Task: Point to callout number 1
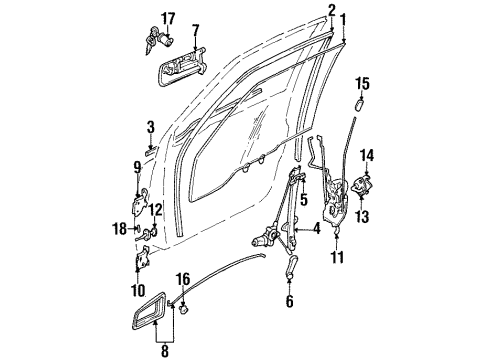345,19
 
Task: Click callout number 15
363,81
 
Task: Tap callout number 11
338,259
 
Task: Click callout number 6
290,299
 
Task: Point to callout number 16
182,279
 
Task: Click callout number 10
138,290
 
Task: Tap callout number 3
150,128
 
